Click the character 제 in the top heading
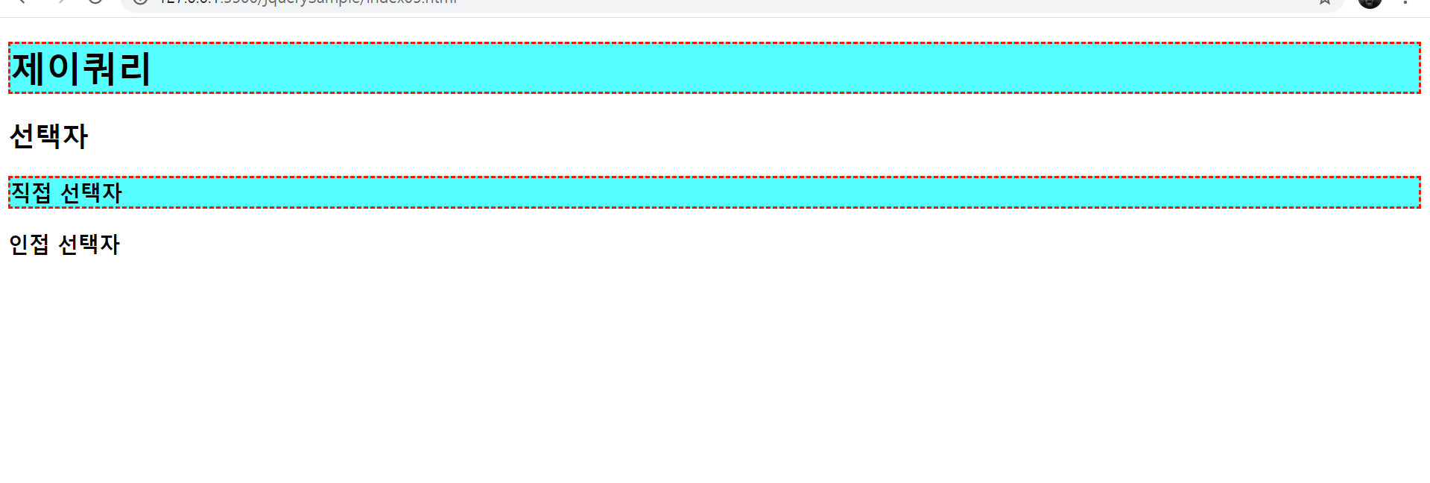coord(28,69)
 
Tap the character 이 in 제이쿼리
coord(63,69)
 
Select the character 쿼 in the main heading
coord(98,69)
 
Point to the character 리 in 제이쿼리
coord(134,69)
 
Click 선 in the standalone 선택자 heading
coord(22,136)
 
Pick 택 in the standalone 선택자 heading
coord(48,136)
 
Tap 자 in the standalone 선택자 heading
coord(75,136)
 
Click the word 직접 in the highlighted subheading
coord(31,193)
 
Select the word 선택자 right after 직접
coord(91,193)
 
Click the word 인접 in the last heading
coord(29,244)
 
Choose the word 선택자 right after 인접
coord(89,244)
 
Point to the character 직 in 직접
coord(21,193)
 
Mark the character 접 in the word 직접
coord(41,193)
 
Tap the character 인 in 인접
coord(19,244)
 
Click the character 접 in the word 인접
coord(39,244)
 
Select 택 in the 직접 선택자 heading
coord(91,193)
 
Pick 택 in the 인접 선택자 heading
coord(89,244)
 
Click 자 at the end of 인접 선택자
coord(110,244)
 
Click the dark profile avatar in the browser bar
coord(1370,2)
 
